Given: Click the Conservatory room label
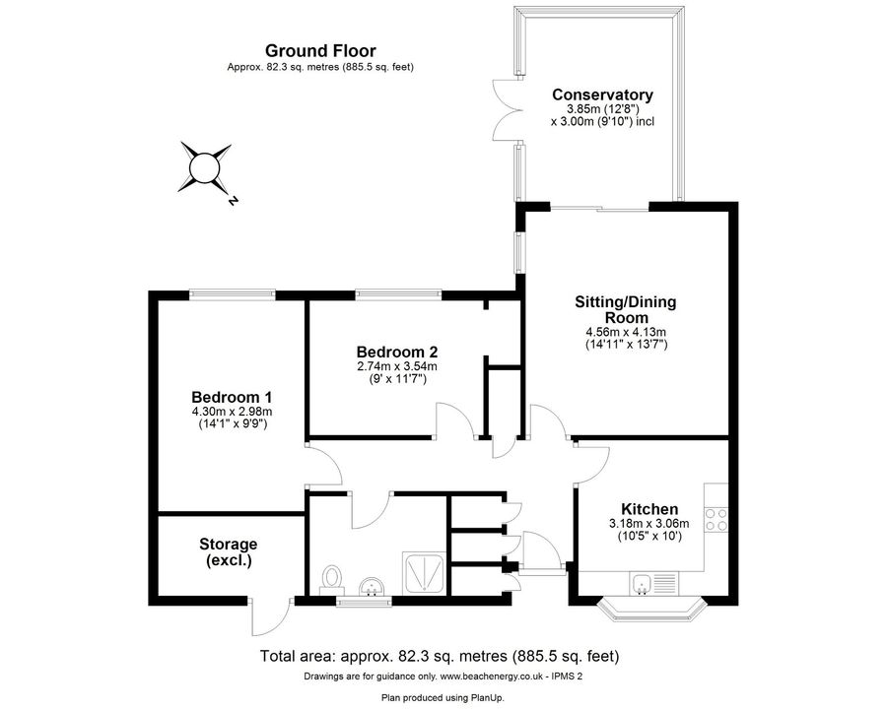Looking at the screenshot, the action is tap(602, 95).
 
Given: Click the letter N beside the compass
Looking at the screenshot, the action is tap(233, 200).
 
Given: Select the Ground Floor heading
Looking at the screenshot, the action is tap(320, 51).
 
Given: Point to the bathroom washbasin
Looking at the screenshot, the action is tap(373, 586).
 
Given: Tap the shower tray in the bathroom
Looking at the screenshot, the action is tap(424, 574).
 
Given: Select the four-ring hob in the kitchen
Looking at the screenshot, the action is tap(716, 520).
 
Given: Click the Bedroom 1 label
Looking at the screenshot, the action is tap(232, 396).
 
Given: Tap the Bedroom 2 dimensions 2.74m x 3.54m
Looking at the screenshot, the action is tap(397, 366).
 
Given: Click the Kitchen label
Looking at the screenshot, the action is tap(649, 509).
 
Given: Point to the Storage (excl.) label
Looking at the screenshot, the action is tap(229, 552).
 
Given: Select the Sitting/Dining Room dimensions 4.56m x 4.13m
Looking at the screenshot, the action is tap(626, 332).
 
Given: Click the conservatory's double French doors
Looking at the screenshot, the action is tap(507, 109).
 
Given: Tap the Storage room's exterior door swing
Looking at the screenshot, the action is tap(269, 617).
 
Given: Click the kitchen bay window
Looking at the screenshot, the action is tap(650, 608).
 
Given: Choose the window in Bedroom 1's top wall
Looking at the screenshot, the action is tap(233, 293).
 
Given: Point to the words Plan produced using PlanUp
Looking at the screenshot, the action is tap(443, 698).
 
